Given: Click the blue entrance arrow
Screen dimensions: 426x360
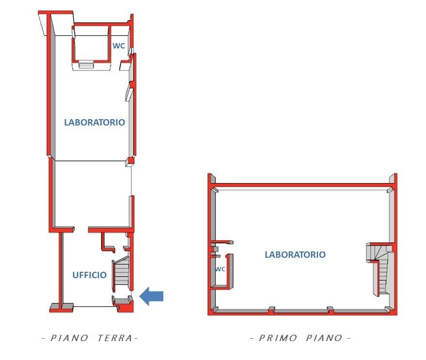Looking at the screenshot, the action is (151, 296).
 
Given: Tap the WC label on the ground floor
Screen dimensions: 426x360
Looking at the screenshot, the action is (119, 46).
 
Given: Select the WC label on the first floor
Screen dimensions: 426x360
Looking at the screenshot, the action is (220, 269).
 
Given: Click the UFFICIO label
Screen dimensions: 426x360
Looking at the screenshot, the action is (89, 275).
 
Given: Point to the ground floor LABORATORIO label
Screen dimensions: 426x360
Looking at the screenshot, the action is (95, 122).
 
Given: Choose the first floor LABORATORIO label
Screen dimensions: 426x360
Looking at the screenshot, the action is (295, 254).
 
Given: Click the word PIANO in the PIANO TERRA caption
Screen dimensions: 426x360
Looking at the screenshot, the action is (70, 338).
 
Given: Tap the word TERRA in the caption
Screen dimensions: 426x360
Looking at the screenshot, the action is (115, 338).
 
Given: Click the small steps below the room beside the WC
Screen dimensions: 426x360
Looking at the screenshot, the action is (86, 65).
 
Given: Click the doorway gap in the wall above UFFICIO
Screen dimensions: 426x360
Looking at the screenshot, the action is (81, 230).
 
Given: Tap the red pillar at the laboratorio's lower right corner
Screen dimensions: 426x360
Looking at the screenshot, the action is (131, 161).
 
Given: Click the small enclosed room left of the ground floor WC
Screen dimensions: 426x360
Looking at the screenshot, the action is (92, 44).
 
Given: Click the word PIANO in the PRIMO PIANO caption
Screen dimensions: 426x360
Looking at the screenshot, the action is (324, 338).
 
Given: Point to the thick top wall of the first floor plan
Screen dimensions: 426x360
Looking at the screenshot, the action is (302, 185).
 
